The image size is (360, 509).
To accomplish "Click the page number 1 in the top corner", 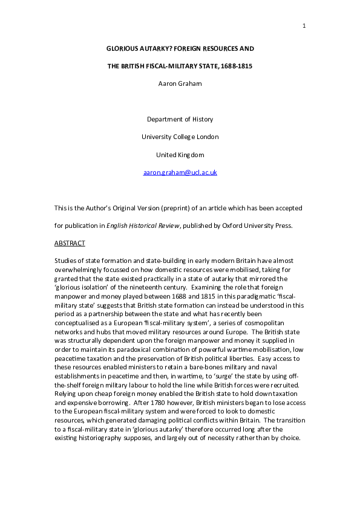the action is pos(304,25).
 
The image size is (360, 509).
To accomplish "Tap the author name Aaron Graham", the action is pos(180,84).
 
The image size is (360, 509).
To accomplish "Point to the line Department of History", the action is pos(180,119).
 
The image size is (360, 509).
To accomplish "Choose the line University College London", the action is pos(180,137).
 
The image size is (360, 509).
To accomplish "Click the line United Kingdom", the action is pos(180,154).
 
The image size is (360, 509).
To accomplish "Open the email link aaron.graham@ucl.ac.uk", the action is pos(180,172).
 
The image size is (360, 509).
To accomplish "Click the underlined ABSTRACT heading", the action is pos(70,243).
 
